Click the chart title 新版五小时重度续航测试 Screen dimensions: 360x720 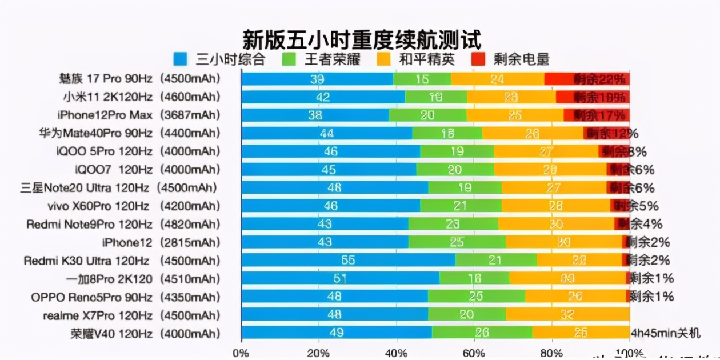[361, 39]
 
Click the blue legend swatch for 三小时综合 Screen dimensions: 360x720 [180, 59]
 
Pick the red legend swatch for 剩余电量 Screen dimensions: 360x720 [478, 59]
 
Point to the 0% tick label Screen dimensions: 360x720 [241, 353]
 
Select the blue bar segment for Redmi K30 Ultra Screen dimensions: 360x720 [348, 261]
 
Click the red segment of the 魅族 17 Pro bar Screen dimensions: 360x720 [587, 79]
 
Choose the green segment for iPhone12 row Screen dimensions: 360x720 [457, 242]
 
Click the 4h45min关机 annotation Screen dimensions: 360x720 [665, 334]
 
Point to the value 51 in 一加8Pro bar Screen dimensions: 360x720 [340, 279]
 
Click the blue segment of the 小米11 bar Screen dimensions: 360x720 [323, 97]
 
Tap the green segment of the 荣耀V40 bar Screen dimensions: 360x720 [482, 334]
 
